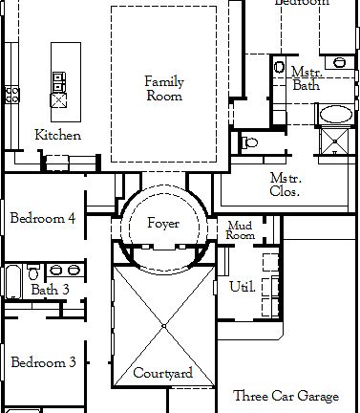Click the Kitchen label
[x=57, y=135]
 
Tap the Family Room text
[x=163, y=89]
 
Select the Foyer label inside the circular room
[x=163, y=224]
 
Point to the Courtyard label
[x=163, y=373]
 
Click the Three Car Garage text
[x=286, y=396]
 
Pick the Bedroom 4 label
[x=43, y=219]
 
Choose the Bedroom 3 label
[x=43, y=362]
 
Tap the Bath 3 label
[x=50, y=290]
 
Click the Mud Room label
[x=240, y=230]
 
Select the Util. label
[x=242, y=286]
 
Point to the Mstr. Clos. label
[x=285, y=185]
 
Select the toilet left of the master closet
[x=249, y=143]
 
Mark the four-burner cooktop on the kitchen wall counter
[x=12, y=94]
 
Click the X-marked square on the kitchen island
[x=58, y=98]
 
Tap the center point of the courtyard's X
[x=163, y=326]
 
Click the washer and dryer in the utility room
[x=268, y=262]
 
